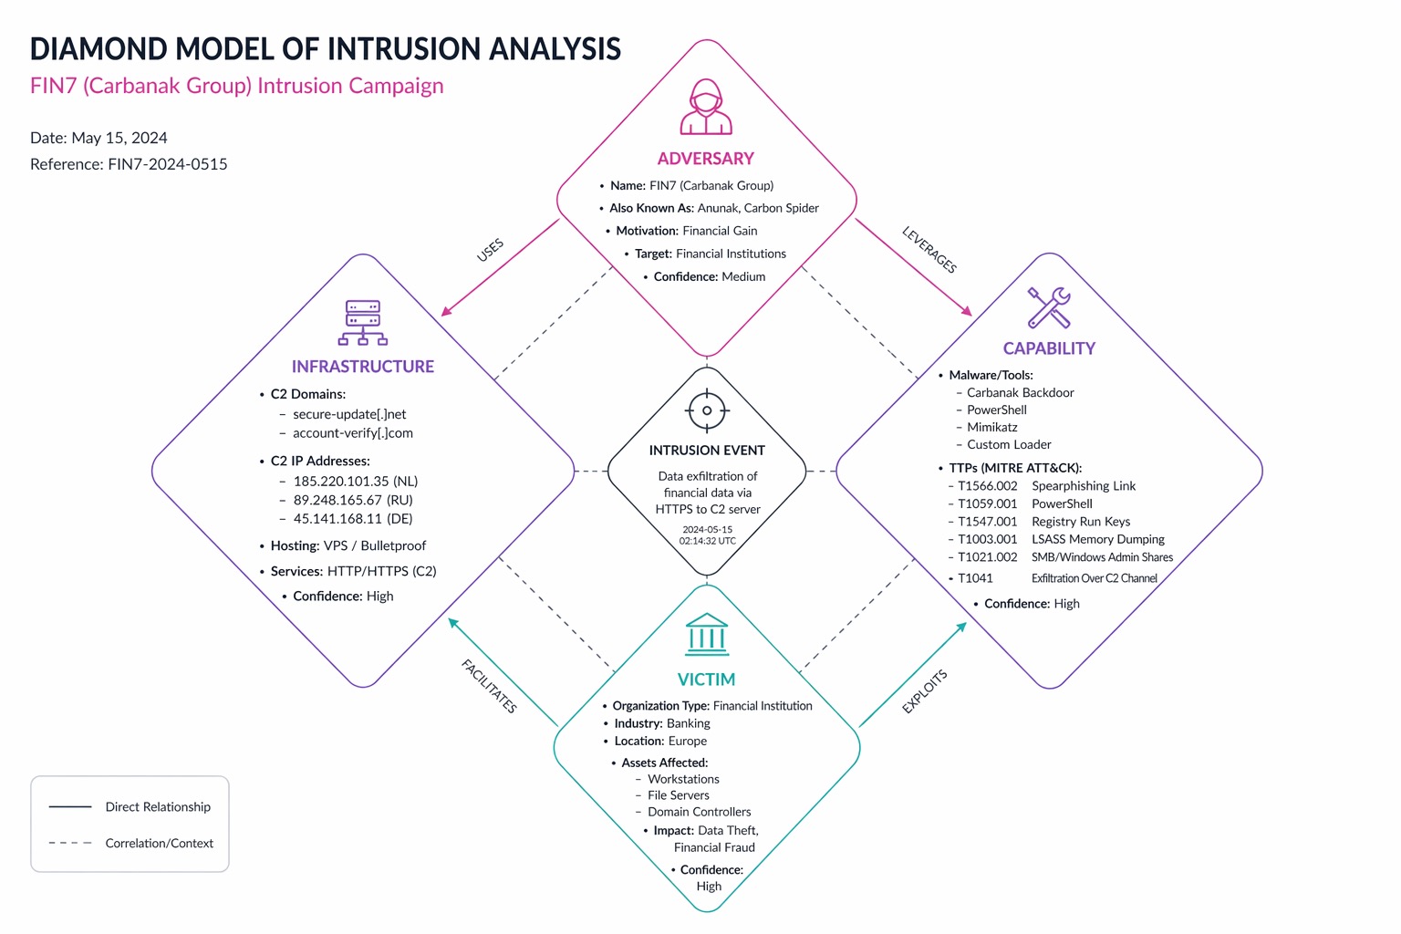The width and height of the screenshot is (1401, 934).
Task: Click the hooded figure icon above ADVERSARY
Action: [706, 107]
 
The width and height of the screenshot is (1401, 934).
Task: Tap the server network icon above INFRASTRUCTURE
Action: [363, 323]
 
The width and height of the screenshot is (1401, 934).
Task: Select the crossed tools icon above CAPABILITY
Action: [1049, 307]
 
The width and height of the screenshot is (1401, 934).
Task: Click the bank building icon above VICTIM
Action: [707, 635]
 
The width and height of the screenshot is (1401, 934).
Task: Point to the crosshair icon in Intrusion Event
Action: [707, 410]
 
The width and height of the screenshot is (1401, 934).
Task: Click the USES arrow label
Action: [490, 250]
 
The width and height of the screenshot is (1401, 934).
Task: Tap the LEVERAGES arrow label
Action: [929, 249]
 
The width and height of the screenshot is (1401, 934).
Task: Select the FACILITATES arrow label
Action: [489, 686]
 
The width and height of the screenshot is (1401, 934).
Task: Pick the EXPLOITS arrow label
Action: [924, 690]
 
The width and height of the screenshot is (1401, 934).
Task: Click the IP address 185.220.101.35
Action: [341, 481]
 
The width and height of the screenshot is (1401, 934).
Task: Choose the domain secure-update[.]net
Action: [349, 414]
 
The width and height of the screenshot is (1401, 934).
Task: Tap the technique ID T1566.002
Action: [987, 486]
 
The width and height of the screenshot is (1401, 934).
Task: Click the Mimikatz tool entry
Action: [992, 427]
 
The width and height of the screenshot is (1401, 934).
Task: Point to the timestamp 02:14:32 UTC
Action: [707, 541]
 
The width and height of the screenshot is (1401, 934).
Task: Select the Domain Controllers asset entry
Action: [699, 812]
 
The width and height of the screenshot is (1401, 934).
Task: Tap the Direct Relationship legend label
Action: [158, 807]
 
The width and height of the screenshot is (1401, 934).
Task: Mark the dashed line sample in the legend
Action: [70, 843]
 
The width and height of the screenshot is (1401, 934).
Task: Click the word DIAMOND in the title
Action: [98, 49]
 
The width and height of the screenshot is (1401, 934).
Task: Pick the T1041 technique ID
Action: [975, 578]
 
